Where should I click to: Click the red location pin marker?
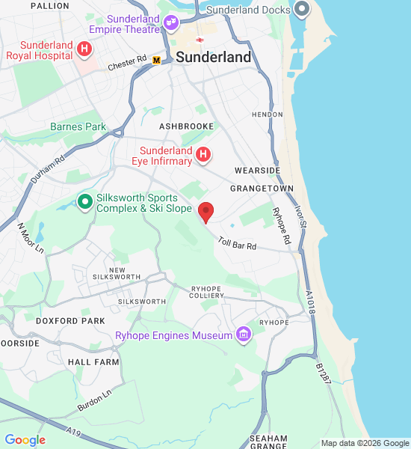pos(205,212)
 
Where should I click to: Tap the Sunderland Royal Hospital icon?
pos(84,50)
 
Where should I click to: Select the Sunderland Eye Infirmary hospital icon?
pos(203,155)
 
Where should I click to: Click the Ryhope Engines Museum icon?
pos(243,335)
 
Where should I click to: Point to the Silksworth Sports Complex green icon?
pos(86,203)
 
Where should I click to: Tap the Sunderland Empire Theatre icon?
pos(171,22)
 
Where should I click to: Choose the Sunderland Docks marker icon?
pos(301,10)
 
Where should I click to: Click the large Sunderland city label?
pos(214,57)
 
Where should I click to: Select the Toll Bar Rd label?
pos(238,243)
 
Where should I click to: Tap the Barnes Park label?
pos(78,127)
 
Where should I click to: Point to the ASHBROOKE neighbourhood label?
pos(186,127)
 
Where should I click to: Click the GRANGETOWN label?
pos(262,189)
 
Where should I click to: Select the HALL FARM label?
pos(93,361)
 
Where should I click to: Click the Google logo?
pos(25,440)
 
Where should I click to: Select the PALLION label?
pos(51,6)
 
